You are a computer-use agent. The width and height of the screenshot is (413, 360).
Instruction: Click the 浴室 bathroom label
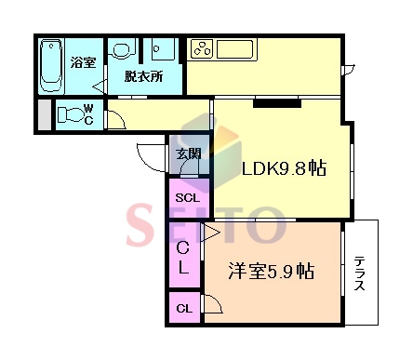[x=83, y=62]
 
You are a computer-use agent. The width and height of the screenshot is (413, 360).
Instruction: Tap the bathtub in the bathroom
[x=51, y=65]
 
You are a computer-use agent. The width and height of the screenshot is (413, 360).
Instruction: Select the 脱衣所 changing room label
[x=143, y=76]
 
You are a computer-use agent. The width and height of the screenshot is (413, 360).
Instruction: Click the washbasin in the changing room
[x=123, y=49]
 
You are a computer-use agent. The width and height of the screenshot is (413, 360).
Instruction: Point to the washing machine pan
[x=163, y=49]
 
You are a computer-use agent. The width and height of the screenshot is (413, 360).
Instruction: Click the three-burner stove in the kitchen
[x=202, y=49]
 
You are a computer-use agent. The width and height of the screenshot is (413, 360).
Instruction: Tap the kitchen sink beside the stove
[x=234, y=49]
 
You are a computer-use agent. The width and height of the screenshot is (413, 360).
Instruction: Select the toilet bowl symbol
[x=71, y=114]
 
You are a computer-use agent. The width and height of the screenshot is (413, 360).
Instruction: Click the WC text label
[x=88, y=114]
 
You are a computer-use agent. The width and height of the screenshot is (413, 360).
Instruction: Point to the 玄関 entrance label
[x=188, y=153]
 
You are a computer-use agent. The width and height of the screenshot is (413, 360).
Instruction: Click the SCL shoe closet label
[x=187, y=197]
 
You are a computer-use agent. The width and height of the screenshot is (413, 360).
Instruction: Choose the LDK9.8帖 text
[x=284, y=168]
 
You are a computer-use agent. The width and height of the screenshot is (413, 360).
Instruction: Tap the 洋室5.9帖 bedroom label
[x=272, y=271]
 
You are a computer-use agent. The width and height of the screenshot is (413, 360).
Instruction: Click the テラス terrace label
[x=359, y=273]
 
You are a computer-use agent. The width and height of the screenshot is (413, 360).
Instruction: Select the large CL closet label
[x=183, y=258]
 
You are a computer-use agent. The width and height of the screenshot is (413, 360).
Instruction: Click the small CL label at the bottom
[x=184, y=308]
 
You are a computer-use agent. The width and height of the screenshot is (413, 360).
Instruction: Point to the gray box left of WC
[x=45, y=114]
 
